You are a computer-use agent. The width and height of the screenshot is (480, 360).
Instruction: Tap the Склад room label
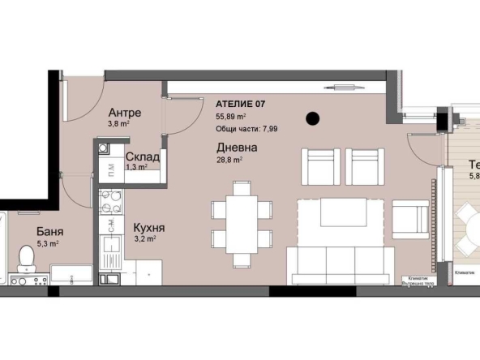pos(141,156)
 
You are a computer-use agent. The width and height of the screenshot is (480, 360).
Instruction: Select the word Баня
pos(49,231)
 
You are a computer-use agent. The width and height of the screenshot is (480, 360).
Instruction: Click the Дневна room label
pos(237,148)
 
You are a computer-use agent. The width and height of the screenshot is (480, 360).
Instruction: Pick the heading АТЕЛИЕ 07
pos(241,103)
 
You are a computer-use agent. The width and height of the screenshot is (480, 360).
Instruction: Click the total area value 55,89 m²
pos(233,116)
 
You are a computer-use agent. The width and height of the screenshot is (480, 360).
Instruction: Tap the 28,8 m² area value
pos(229,161)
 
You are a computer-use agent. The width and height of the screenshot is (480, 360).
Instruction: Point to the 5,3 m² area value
pos(48,242)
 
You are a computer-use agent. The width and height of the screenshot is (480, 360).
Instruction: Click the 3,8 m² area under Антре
pos(118,125)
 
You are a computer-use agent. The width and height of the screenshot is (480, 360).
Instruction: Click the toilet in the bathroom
pos(25,259)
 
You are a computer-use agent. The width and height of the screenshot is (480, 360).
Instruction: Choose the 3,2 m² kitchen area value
pos(133,240)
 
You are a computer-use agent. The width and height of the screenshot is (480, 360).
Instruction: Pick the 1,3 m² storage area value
pos(136,168)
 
